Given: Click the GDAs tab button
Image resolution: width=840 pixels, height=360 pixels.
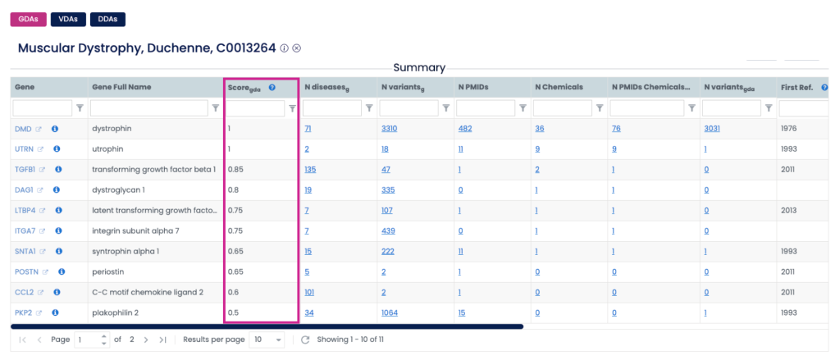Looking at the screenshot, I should (27, 19).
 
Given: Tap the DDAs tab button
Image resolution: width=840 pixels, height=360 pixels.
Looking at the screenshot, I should (107, 19).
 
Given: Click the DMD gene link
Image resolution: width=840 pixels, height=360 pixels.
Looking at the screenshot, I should (24, 129).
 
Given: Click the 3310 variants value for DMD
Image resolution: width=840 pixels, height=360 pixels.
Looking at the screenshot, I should (390, 129).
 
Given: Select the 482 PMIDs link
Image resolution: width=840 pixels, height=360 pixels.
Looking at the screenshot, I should (466, 129).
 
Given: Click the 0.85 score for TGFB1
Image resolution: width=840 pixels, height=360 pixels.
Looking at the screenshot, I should (235, 170).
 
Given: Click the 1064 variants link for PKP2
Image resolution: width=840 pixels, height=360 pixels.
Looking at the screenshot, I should (390, 312).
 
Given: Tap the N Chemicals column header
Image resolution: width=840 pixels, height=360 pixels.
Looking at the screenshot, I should (559, 87).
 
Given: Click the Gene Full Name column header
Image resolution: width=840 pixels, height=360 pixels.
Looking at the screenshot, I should (121, 87).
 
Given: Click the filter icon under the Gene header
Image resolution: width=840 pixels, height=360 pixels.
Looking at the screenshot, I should (80, 107).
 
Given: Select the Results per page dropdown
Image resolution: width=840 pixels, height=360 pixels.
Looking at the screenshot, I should (267, 339).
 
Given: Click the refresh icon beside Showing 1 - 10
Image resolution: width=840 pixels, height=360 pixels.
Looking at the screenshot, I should (305, 339).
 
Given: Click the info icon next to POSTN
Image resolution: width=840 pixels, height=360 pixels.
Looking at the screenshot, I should (61, 271).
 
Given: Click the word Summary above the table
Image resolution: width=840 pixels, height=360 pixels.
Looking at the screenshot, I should (419, 67).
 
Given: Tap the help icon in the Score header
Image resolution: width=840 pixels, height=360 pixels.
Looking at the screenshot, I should (272, 87).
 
